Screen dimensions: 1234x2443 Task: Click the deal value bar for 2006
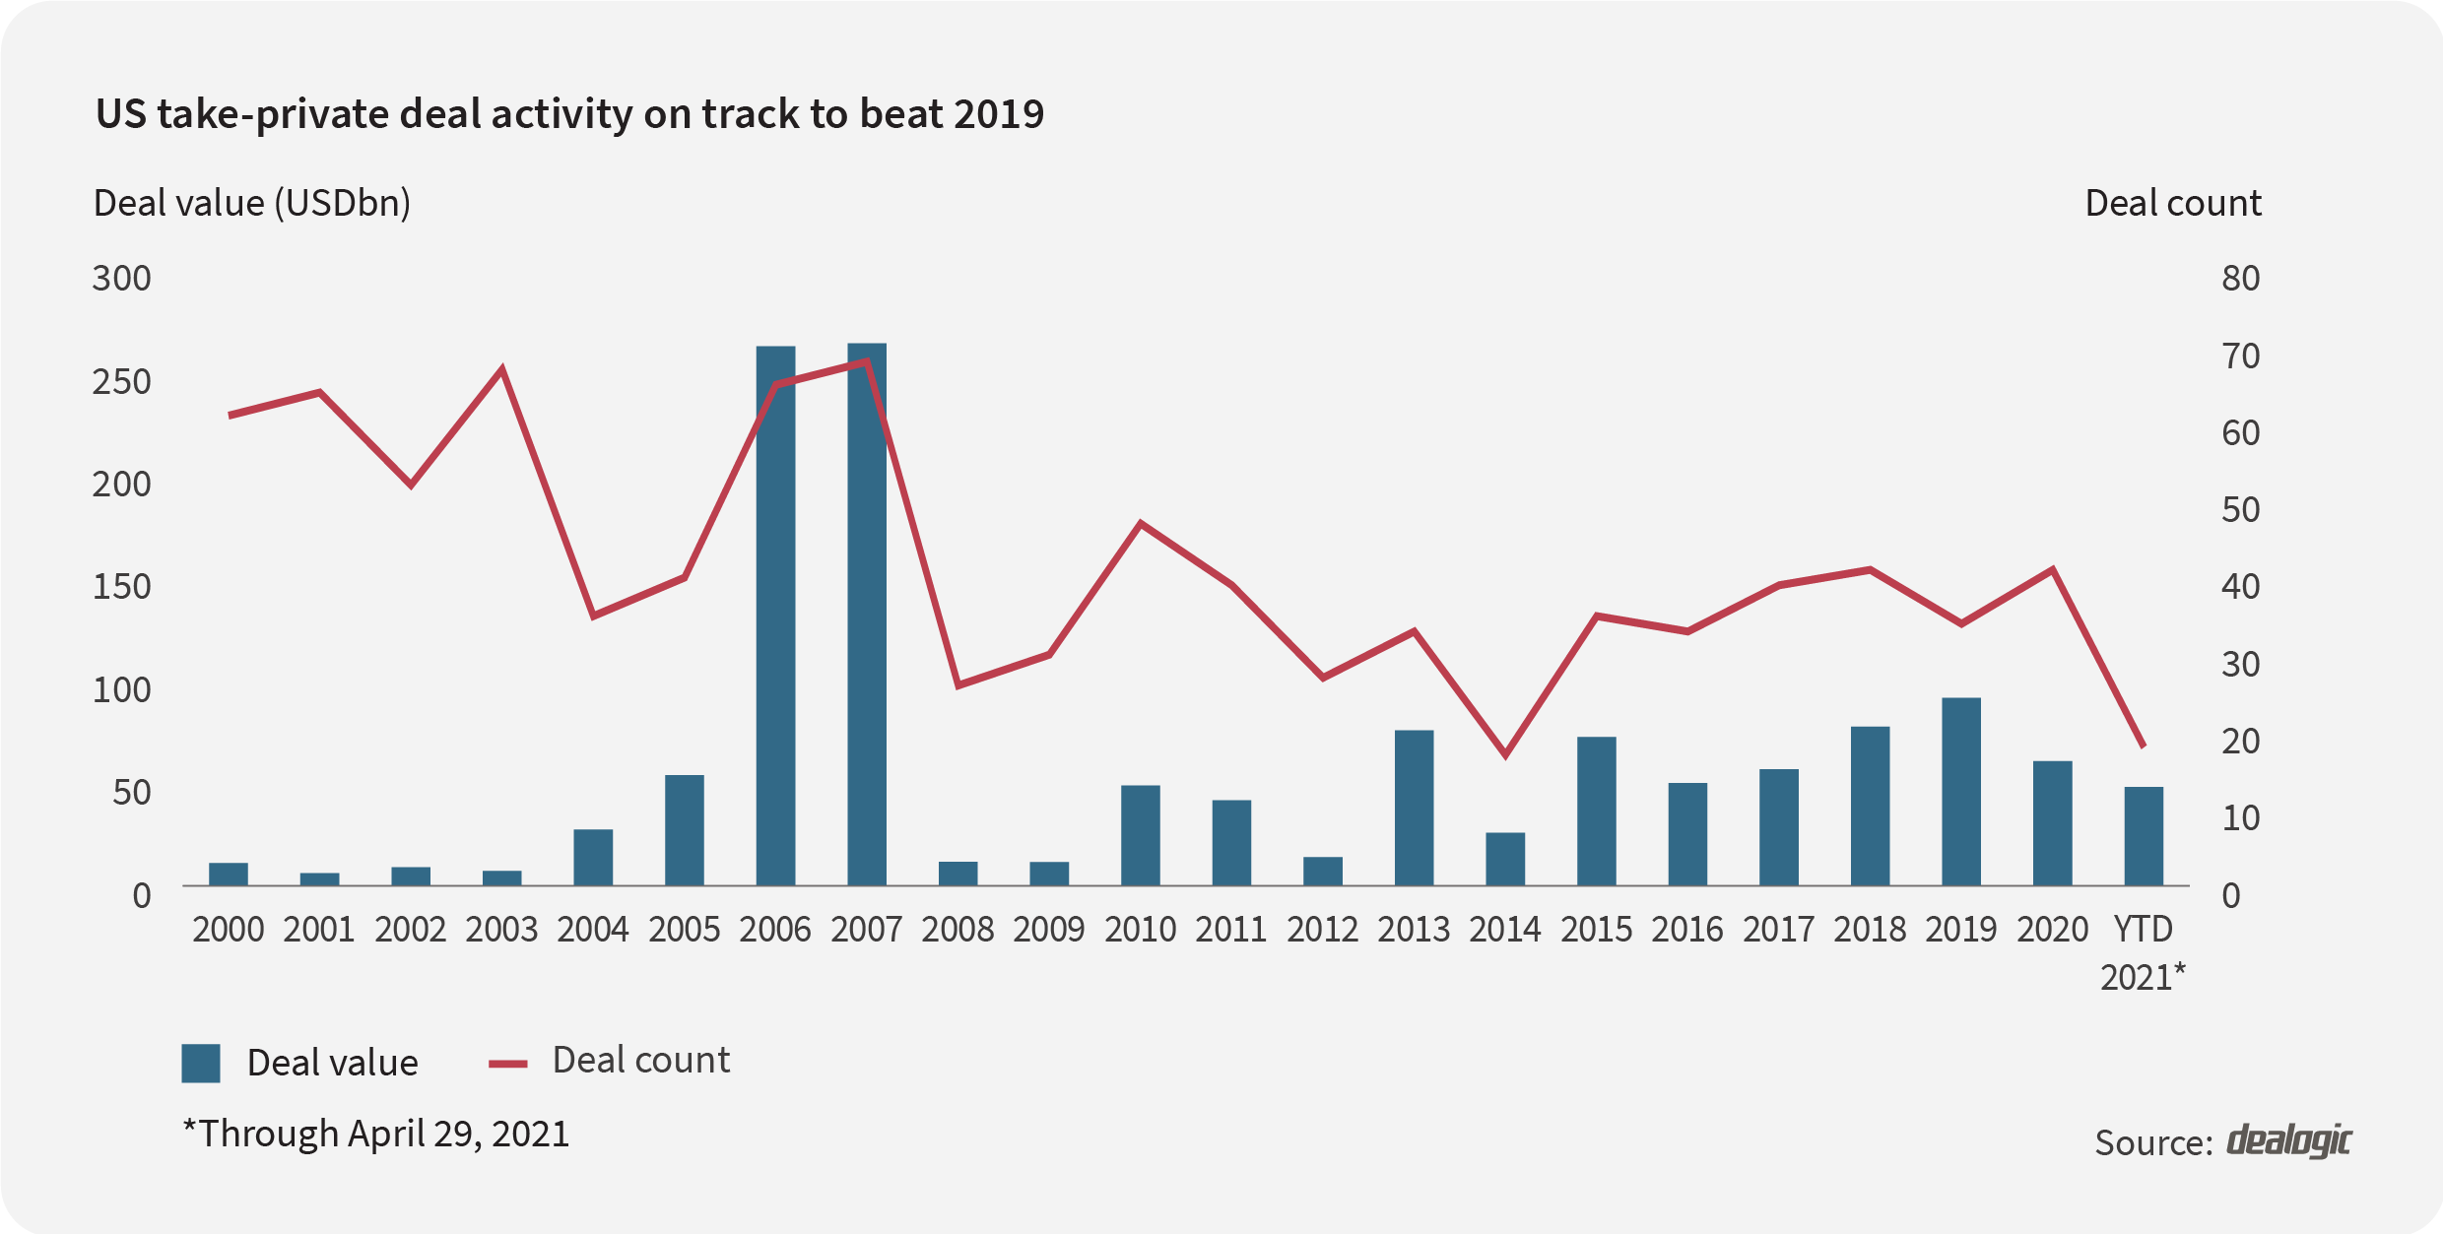775,616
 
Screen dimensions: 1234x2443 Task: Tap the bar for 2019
1961,792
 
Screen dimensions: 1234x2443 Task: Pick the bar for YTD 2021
2144,836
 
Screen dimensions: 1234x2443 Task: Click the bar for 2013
1414,808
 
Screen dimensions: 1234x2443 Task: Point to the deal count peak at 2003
502,370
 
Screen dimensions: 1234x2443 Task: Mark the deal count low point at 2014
1505,754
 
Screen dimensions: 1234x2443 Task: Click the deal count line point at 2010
1141,523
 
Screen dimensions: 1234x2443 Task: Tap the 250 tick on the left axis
121,382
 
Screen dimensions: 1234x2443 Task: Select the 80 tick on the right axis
2240,279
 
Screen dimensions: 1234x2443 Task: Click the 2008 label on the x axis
957,930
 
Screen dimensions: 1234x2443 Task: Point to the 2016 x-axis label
1687,930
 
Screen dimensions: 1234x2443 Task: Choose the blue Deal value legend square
201,1064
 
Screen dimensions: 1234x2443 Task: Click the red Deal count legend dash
508,1064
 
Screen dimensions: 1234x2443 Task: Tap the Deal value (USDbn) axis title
251,204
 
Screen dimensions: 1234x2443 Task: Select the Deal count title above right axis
2173,204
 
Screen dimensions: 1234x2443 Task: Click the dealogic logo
2288,1140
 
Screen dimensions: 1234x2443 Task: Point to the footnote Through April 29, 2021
376,1134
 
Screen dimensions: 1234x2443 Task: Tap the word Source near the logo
2153,1143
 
